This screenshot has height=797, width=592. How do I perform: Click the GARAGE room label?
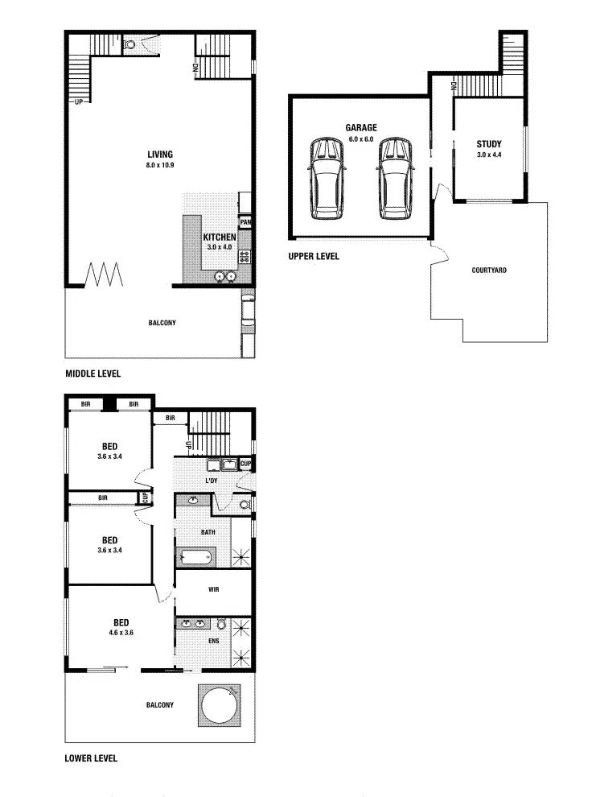(361, 127)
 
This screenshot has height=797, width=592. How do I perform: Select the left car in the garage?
(327, 178)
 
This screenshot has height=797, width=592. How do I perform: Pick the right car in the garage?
(395, 178)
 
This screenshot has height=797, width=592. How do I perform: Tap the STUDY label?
(488, 144)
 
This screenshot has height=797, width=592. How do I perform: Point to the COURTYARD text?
(489, 270)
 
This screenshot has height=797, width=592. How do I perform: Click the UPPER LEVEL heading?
(313, 256)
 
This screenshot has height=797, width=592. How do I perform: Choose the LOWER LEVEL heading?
(91, 758)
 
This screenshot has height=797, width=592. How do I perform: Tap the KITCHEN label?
(219, 237)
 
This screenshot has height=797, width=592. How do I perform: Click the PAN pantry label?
(246, 221)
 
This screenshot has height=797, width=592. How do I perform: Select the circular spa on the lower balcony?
(219, 706)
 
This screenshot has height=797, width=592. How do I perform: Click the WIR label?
(214, 589)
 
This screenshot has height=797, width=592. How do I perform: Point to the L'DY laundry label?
(212, 481)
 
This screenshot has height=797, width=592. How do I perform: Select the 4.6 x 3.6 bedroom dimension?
(121, 633)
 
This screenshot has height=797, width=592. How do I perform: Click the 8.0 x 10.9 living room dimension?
(159, 165)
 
